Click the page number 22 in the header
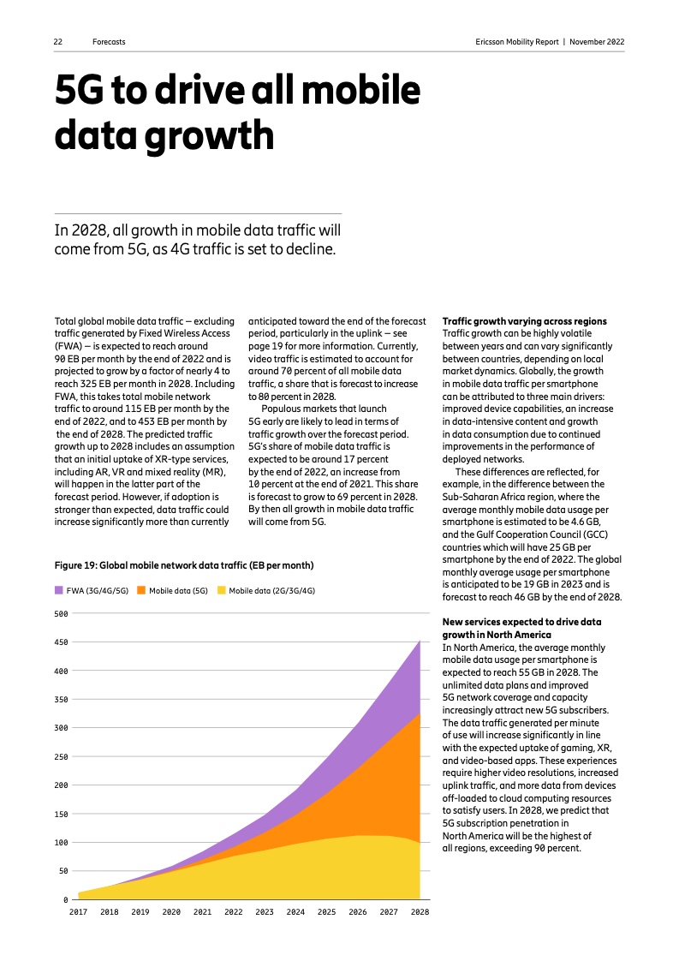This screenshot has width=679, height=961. click(x=58, y=42)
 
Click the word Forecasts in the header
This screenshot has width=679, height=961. click(x=109, y=42)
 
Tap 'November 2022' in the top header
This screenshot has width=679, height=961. click(x=597, y=42)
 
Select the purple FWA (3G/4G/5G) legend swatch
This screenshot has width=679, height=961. click(x=59, y=590)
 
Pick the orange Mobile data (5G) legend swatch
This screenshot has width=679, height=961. click(x=142, y=590)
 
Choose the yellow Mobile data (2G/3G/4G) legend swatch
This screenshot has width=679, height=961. click(x=221, y=590)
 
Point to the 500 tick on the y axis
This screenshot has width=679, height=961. click(x=61, y=613)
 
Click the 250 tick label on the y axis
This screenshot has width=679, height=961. click(x=61, y=757)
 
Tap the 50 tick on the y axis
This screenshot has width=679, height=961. click(x=63, y=871)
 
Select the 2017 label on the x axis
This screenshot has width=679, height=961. click(x=78, y=912)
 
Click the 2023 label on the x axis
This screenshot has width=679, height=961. click(x=264, y=912)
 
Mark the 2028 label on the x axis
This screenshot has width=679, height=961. click(x=419, y=912)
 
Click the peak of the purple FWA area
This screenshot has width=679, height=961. click(x=419, y=641)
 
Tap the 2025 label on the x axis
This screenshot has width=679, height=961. click(x=326, y=912)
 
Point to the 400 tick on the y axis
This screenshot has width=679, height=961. click(x=61, y=671)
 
